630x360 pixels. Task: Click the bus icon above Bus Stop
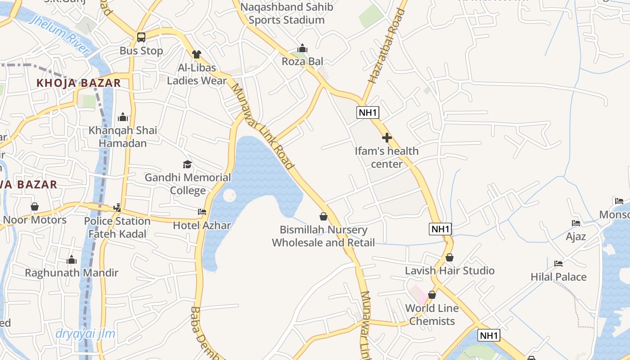(x=141, y=37)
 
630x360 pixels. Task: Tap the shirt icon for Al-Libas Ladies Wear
(x=197, y=54)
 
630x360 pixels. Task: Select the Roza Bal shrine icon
(x=302, y=48)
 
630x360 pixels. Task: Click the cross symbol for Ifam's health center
(x=387, y=138)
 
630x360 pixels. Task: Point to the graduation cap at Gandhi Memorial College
(x=187, y=164)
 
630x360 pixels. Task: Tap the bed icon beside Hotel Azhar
(x=202, y=211)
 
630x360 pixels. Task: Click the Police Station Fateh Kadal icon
(x=117, y=207)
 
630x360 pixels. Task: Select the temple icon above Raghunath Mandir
(x=72, y=260)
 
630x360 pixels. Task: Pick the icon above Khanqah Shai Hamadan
(x=123, y=117)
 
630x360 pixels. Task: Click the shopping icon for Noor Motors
(x=35, y=207)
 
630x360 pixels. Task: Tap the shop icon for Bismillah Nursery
(x=323, y=216)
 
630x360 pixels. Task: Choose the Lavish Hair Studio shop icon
(x=449, y=257)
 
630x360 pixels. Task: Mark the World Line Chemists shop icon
(x=432, y=295)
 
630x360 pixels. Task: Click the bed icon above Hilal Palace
(x=558, y=263)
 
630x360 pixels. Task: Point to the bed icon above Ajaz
(x=576, y=223)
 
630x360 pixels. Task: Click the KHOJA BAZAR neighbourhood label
(x=79, y=83)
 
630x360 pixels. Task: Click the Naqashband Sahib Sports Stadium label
(x=287, y=13)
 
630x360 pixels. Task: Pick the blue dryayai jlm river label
(x=85, y=334)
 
